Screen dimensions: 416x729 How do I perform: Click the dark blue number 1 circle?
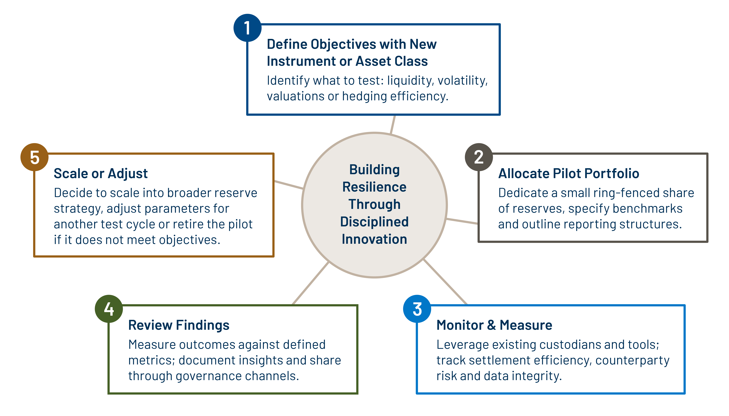[247, 28]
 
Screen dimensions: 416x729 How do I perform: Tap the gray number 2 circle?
[479, 157]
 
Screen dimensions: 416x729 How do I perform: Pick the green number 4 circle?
[109, 309]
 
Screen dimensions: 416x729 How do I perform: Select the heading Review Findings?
[179, 325]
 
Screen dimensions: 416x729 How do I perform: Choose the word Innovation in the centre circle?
[374, 239]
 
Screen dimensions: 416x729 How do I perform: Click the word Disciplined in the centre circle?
[374, 222]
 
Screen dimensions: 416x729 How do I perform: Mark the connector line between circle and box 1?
[393, 125]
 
